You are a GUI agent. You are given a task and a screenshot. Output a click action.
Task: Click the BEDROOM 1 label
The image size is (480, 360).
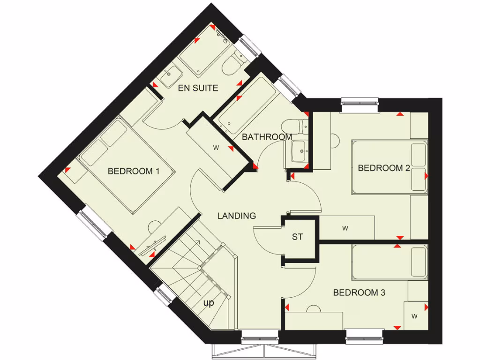[x=134, y=171]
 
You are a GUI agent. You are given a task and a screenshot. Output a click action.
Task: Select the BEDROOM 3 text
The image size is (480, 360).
[x=359, y=293]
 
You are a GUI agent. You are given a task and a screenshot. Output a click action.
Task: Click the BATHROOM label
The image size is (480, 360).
[x=267, y=137]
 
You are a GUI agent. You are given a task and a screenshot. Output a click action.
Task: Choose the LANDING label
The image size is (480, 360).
[x=237, y=216]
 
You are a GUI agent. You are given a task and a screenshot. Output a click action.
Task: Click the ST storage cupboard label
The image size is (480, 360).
[x=298, y=237]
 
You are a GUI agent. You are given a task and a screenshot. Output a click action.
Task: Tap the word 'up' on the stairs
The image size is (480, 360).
[x=209, y=303]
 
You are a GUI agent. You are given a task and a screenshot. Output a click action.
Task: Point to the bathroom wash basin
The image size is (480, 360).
[x=297, y=151]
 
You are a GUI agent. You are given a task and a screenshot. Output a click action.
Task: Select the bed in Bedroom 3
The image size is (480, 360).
[x=389, y=262]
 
